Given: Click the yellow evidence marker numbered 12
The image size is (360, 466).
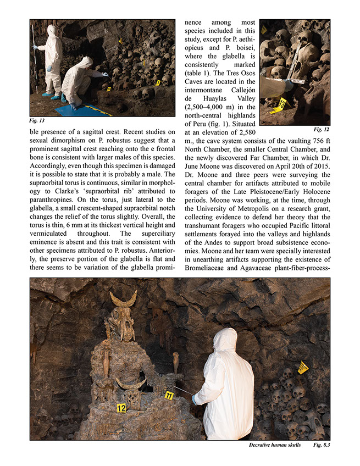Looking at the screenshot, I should (x=121, y=408).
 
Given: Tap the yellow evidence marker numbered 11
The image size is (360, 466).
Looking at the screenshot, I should (x=169, y=395).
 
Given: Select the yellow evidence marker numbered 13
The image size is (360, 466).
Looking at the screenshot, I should (x=282, y=103).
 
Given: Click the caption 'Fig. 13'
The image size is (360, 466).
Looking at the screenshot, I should (x=38, y=120).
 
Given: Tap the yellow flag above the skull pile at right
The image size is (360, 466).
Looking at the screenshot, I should (x=303, y=367).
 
